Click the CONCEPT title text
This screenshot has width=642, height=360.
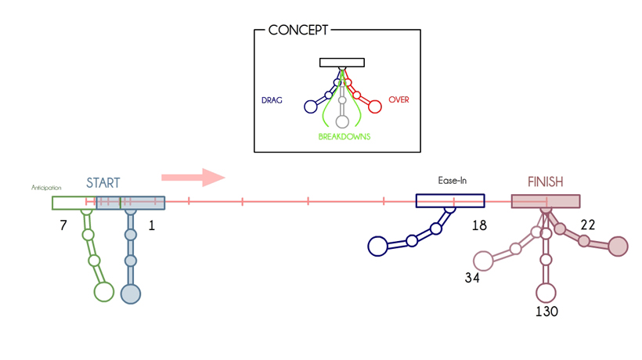(x=298, y=31)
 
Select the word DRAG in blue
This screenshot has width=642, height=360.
(x=272, y=100)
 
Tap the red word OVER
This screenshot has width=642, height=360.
(x=399, y=100)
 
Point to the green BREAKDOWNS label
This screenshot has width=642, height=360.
(x=344, y=136)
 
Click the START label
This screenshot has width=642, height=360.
(x=103, y=183)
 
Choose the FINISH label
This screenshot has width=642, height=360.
(x=545, y=182)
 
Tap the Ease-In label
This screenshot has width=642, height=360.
(x=452, y=181)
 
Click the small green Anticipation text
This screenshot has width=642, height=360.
(x=46, y=189)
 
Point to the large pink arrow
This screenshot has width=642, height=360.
(x=193, y=177)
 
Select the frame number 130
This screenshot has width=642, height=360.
(x=546, y=311)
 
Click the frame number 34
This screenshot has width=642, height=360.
(x=471, y=277)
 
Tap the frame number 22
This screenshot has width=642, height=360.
(x=587, y=225)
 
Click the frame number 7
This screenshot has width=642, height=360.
(x=63, y=225)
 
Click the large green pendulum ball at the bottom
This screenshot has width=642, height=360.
(x=104, y=292)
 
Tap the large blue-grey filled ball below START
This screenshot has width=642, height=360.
(x=131, y=293)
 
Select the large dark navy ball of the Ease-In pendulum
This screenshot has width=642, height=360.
(x=378, y=246)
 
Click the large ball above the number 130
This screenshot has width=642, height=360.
(x=546, y=293)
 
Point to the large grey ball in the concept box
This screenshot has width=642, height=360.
(x=342, y=122)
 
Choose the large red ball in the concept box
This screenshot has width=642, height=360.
(x=375, y=106)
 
